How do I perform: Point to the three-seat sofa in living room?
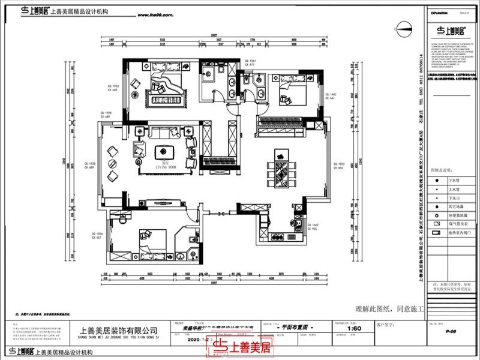[163, 133]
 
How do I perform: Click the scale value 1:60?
[355, 329]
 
